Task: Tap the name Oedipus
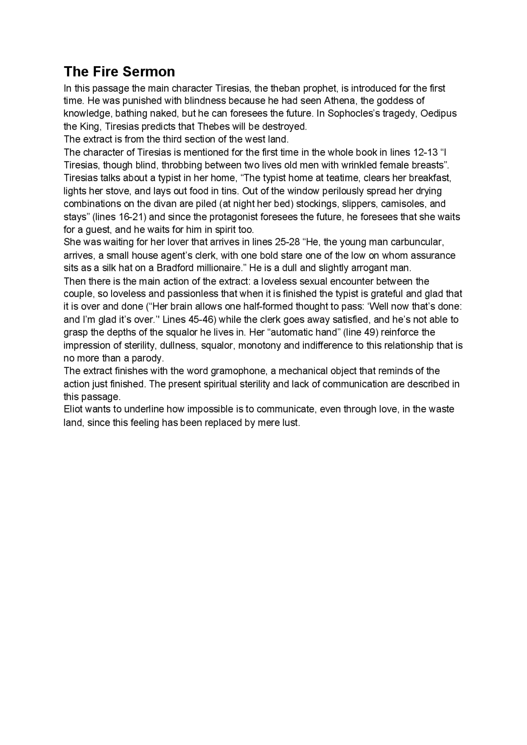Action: click(x=438, y=114)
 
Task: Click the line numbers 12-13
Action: click(x=425, y=152)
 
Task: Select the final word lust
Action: click(x=290, y=423)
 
